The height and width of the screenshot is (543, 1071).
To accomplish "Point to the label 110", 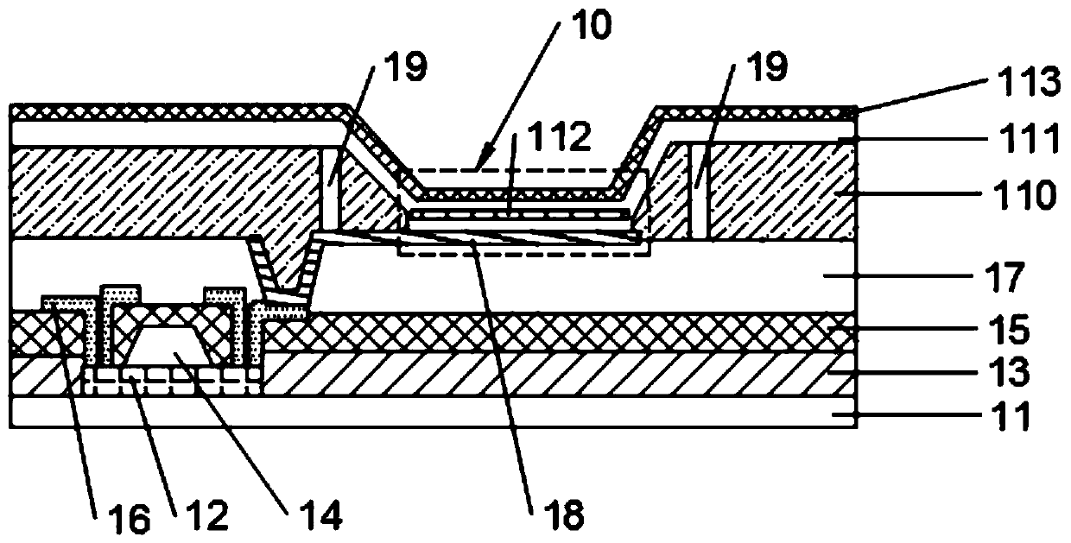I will point(1033,196).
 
